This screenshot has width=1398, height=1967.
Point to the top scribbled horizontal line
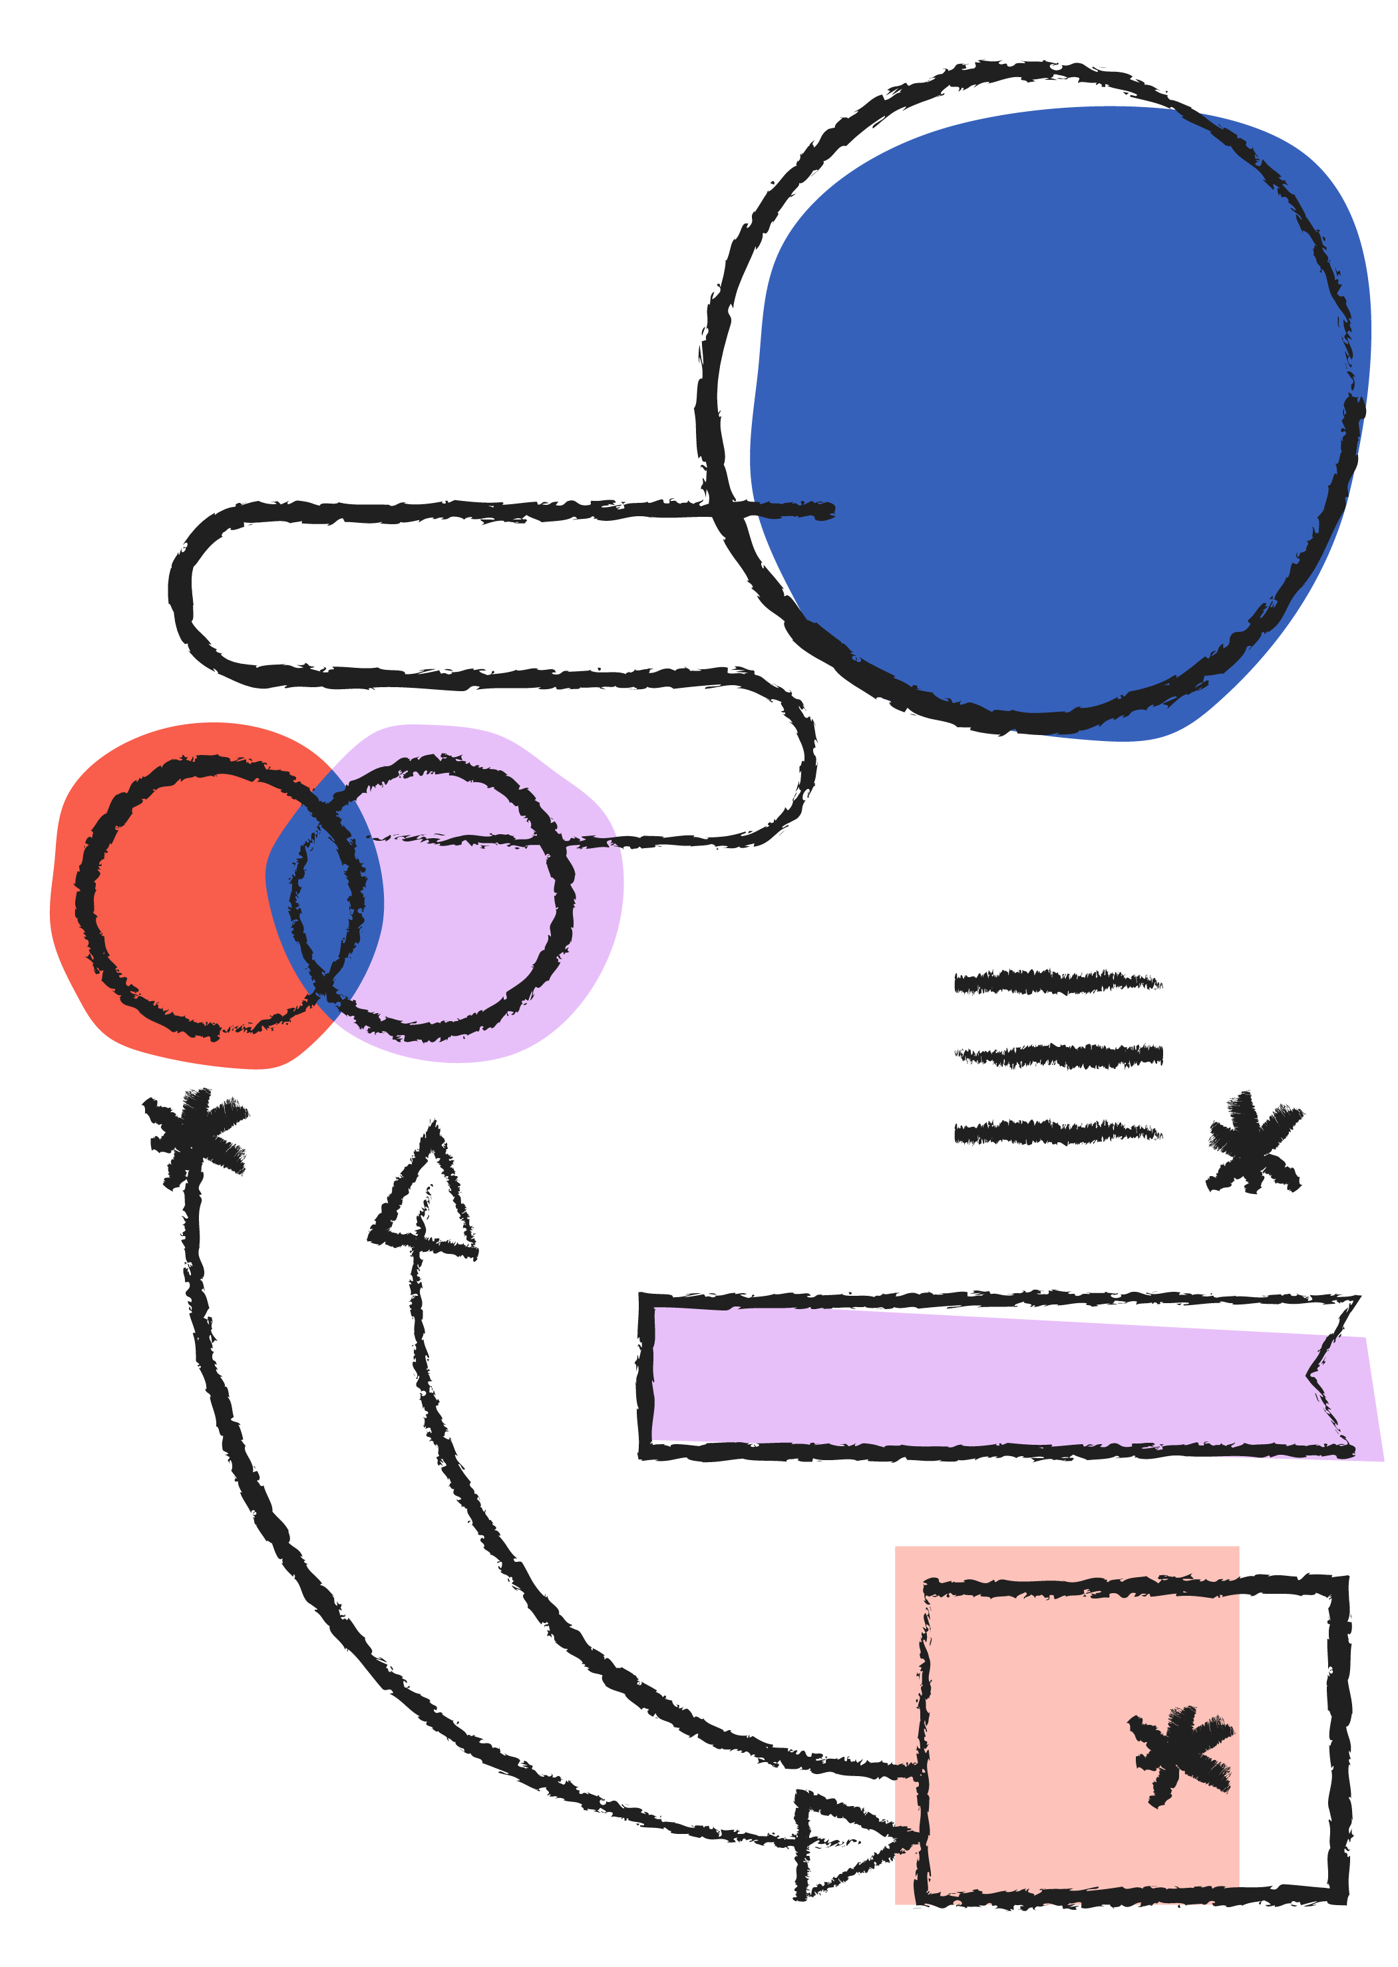pos(1057,982)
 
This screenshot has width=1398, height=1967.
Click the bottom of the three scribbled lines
pos(1057,1132)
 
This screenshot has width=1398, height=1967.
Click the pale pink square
pos(1067,1721)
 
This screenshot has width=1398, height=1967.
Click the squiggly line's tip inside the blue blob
pos(826,511)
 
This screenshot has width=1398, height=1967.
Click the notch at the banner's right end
pos(1312,1375)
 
